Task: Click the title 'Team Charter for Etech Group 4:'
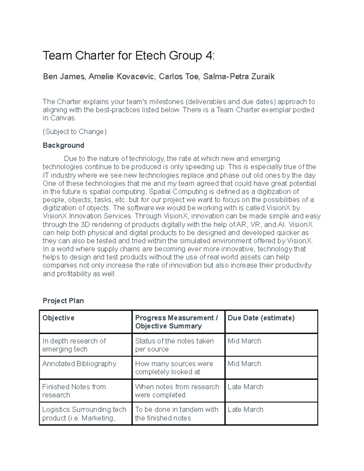129,56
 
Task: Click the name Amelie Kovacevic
122,77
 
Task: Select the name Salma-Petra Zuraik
239,77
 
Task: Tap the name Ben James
63,77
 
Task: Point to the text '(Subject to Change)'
75,132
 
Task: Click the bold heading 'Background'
63,145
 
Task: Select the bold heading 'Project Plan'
63,301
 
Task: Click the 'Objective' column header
59,318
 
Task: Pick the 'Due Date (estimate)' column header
261,318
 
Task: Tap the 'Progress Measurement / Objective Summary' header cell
176,322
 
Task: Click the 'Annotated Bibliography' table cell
79,364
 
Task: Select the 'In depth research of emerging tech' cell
74,345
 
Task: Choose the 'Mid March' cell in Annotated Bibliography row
244,364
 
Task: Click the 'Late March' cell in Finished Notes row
245,387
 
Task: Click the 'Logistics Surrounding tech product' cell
84,413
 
